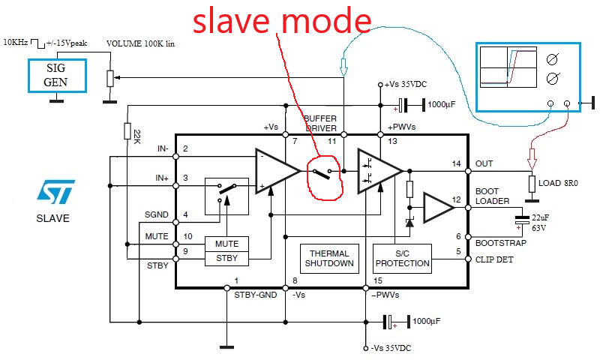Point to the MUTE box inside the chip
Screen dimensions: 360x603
(x=226, y=244)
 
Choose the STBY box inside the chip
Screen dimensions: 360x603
(x=226, y=259)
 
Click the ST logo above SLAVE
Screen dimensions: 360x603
(x=55, y=193)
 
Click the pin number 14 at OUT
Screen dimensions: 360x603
(x=456, y=163)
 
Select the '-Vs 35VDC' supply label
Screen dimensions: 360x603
(x=391, y=349)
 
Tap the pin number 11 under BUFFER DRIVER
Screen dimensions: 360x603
(x=330, y=142)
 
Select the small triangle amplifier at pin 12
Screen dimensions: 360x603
(x=437, y=208)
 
